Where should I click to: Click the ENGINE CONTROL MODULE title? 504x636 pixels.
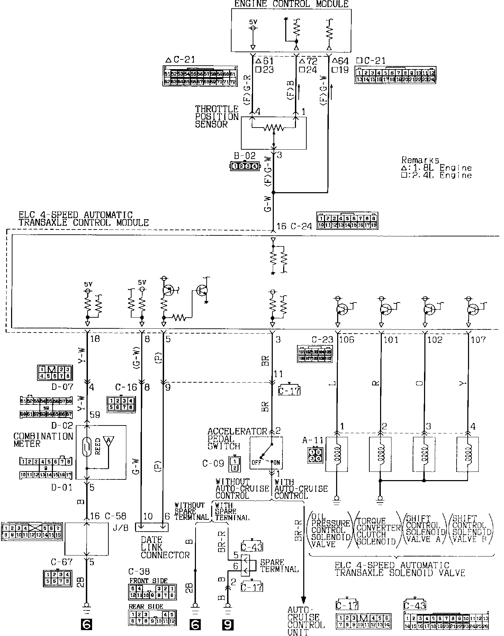291,4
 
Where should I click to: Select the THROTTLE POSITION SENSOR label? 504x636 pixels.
217,117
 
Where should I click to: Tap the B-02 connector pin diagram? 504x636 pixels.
245,166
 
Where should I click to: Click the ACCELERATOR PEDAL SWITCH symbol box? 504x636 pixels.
266,452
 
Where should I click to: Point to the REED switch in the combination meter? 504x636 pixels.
88,446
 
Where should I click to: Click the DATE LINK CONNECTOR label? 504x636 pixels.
165,548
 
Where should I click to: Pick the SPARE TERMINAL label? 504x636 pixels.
279,565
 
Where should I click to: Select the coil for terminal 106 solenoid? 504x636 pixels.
337,454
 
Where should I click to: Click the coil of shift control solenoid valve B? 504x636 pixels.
468,454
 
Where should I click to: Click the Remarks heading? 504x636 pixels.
420,160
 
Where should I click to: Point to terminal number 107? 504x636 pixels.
479,340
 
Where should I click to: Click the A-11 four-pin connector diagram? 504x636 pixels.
314,455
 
